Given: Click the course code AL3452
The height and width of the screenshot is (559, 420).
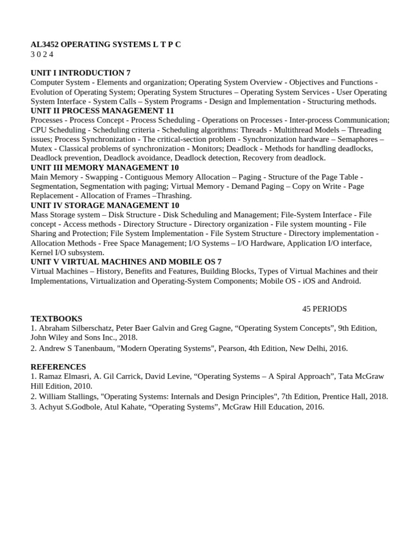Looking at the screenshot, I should click(x=44, y=45).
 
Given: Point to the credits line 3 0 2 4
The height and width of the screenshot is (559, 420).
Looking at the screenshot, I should click(x=42, y=54).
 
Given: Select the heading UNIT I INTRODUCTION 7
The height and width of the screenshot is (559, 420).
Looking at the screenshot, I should click(x=80, y=73).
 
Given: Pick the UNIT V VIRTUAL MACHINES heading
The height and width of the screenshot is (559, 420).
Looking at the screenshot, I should click(x=126, y=262).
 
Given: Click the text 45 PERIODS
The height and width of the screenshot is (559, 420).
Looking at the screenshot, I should click(x=324, y=309).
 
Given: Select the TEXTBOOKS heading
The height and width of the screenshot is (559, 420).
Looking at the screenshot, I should click(x=56, y=319).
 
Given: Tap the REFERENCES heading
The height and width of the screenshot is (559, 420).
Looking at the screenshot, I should click(x=58, y=367).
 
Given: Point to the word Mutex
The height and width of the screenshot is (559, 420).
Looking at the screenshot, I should click(x=42, y=148).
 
